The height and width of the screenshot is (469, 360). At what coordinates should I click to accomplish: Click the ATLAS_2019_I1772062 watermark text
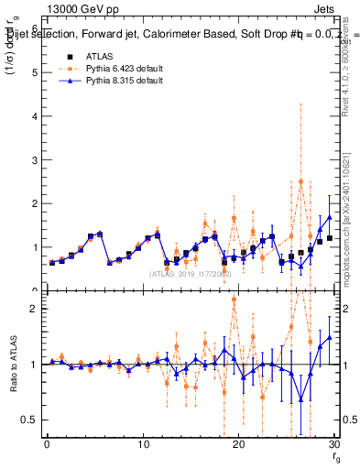click(191, 273)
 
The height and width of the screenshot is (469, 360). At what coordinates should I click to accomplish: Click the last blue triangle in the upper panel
click(329, 217)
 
